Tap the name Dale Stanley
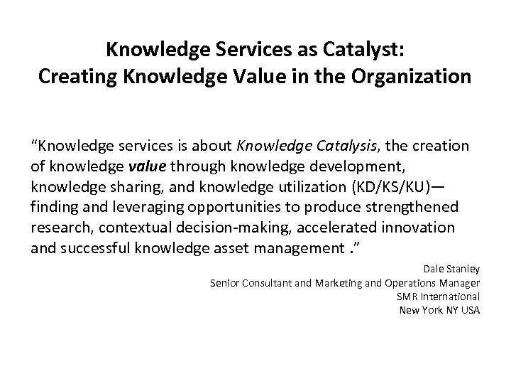coord(451,269)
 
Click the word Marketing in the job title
coord(326,282)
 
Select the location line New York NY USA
coord(440,309)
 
